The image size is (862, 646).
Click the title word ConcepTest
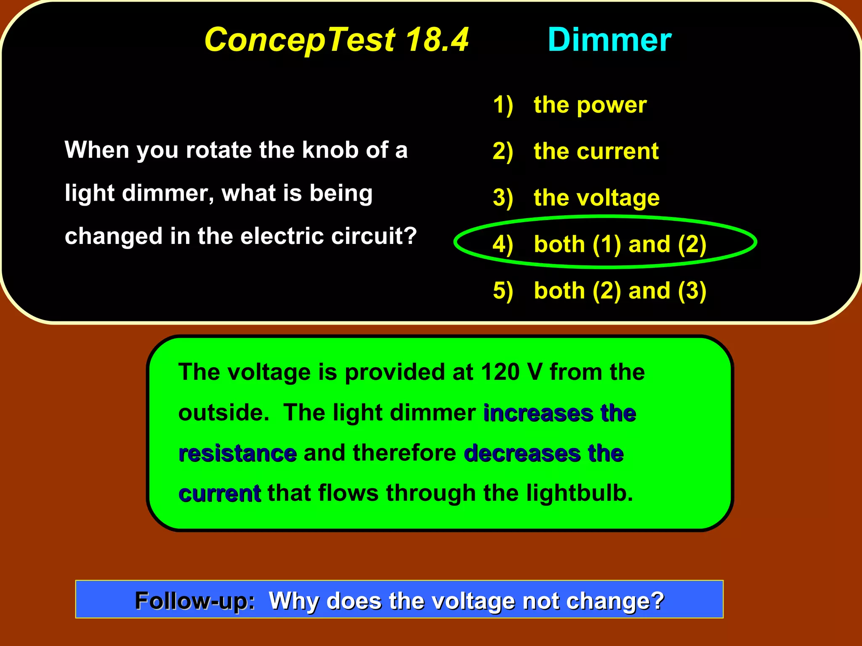(x=300, y=40)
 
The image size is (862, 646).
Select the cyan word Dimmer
(x=609, y=40)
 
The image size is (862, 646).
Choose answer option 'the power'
(x=590, y=105)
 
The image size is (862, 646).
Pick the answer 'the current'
(x=596, y=151)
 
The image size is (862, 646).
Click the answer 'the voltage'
(x=596, y=198)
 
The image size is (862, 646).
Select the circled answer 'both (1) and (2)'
(x=620, y=244)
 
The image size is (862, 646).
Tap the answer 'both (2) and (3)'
(x=620, y=291)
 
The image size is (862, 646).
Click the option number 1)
(x=503, y=105)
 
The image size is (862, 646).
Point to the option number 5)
(x=503, y=291)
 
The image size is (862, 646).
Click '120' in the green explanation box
(x=499, y=372)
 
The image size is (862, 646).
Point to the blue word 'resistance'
(x=238, y=453)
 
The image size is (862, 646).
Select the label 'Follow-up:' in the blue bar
(x=195, y=600)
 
